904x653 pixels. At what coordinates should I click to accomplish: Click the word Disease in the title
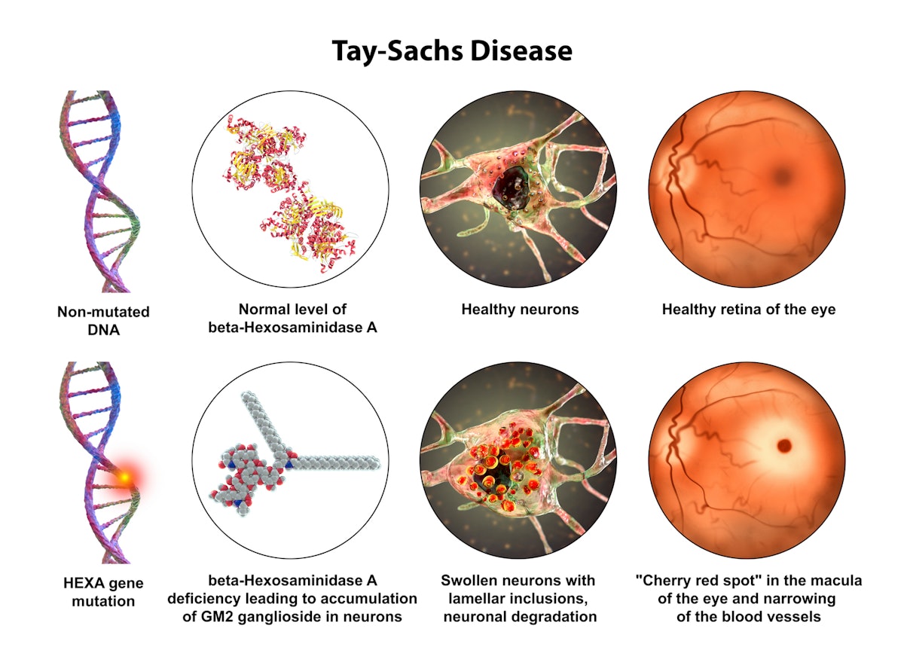coord(521,51)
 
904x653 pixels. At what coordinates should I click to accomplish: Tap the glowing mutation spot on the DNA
coord(125,478)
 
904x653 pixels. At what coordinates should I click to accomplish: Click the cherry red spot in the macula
coord(784,446)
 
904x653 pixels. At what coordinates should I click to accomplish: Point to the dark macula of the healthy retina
coord(783,175)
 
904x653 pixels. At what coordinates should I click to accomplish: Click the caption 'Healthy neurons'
coord(520,310)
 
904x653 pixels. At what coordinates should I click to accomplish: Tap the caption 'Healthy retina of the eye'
coord(749,310)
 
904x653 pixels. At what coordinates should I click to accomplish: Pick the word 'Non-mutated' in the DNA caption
coord(103,312)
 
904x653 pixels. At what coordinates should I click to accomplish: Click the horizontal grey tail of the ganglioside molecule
coord(336,462)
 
